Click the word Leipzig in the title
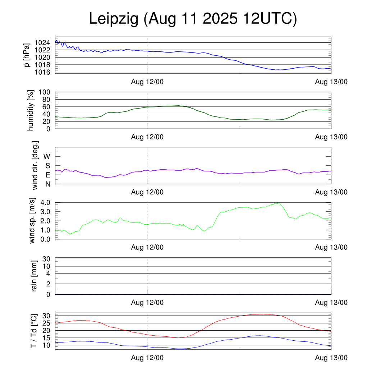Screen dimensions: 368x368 (114, 19)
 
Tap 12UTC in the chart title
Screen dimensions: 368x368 (270, 19)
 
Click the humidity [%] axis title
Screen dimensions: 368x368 (31, 110)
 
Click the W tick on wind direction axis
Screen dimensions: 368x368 (47, 156)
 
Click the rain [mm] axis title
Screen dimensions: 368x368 (34, 276)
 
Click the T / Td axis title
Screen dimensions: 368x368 (33, 331)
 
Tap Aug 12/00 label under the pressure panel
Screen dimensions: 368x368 (147, 82)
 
